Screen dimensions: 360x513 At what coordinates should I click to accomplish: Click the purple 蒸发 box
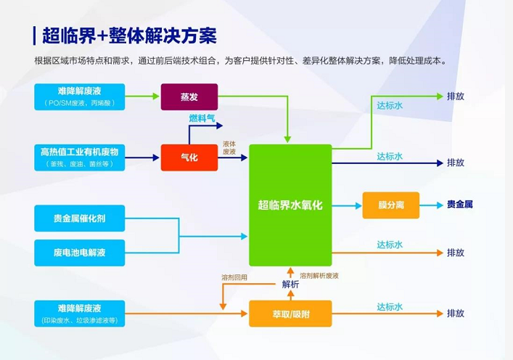point(189,96)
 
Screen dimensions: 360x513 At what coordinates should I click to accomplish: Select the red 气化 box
point(189,157)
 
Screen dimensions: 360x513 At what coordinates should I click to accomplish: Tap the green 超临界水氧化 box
point(290,205)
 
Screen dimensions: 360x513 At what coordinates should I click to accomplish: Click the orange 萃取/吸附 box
point(290,314)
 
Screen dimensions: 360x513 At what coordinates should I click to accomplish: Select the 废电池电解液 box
point(80,253)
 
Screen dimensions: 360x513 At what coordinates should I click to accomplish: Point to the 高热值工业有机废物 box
point(80,157)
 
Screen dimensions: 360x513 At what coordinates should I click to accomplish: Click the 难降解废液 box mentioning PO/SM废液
point(80,97)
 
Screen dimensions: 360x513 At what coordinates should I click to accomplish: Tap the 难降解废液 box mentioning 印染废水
point(80,313)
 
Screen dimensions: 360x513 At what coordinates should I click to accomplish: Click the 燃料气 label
point(202,118)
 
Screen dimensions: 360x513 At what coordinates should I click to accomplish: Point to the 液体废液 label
point(229,147)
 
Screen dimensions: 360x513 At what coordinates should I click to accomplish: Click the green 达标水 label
point(390,105)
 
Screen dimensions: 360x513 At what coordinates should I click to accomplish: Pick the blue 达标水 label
point(390,156)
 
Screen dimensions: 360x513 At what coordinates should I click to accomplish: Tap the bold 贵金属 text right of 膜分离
point(460,205)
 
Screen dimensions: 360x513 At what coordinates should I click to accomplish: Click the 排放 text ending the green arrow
point(456,97)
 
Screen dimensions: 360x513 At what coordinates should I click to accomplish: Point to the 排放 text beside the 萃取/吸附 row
point(456,314)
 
